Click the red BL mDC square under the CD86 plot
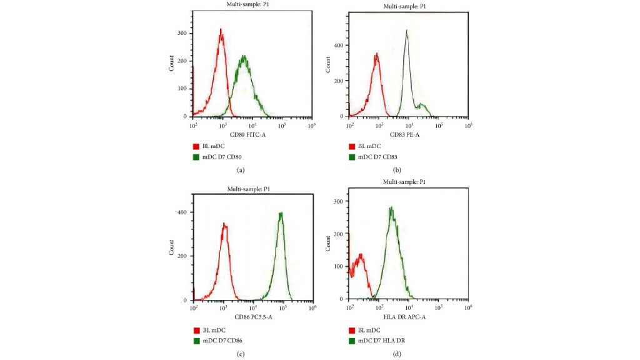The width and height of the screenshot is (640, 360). (x=197, y=329)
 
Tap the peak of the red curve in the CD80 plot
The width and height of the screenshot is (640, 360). (x=221, y=29)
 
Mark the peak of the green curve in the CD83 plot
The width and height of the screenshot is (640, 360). (x=406, y=30)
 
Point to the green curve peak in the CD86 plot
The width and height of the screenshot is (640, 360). (x=281, y=213)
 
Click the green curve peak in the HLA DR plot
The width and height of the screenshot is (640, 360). (x=391, y=208)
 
